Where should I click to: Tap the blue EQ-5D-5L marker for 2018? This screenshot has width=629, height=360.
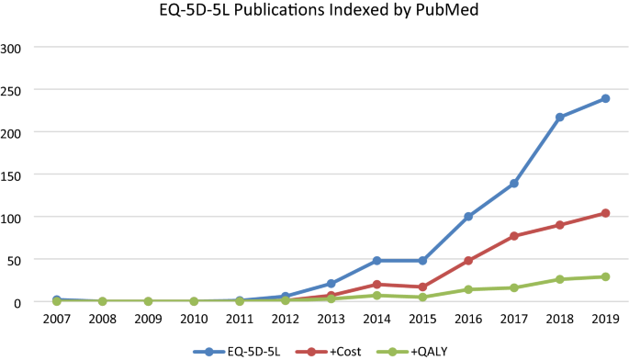pos(560,117)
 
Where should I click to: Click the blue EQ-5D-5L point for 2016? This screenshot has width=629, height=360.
pos(468,217)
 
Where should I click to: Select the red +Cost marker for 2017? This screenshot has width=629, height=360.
pos(514,236)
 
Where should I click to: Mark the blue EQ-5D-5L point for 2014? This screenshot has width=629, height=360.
pos(377,261)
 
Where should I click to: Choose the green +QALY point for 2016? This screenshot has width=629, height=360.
pos(468,289)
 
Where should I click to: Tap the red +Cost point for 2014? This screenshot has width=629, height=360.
pos(377,285)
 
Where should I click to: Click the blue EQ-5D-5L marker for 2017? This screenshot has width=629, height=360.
pos(514,184)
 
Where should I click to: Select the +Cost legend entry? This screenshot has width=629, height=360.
pos(337,350)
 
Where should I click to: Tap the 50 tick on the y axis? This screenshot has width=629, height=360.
pos(20,259)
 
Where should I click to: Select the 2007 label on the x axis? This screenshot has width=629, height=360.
pos(57,319)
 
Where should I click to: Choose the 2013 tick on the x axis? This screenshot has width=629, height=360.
pos(331,319)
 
